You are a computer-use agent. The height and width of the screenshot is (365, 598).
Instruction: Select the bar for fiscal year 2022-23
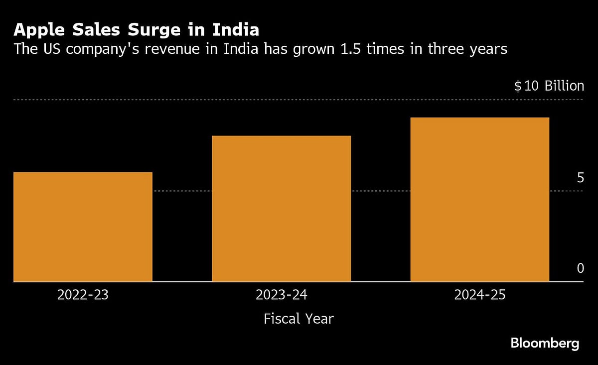(x=83, y=227)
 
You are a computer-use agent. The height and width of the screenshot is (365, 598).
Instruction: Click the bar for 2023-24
(x=281, y=209)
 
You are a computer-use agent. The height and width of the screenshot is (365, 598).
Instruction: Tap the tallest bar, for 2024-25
(x=479, y=200)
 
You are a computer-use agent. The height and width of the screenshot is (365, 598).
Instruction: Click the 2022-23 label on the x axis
(x=83, y=295)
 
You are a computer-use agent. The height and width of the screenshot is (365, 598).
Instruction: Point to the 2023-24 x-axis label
(x=281, y=295)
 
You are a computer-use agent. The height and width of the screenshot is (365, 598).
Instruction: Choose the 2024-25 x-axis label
(x=479, y=295)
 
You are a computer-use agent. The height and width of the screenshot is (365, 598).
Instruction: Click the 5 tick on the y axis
(x=580, y=178)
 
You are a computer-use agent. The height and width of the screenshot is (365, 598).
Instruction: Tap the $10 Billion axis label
(x=549, y=86)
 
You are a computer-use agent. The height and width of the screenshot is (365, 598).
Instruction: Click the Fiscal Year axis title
(x=299, y=319)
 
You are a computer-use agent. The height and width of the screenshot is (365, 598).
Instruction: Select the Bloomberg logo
(x=545, y=343)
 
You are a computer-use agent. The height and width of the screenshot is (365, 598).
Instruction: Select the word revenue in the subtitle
(x=177, y=49)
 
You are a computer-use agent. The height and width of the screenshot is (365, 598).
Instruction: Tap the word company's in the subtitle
(x=106, y=49)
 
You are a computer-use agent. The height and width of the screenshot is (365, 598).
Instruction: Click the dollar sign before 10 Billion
(x=518, y=86)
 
